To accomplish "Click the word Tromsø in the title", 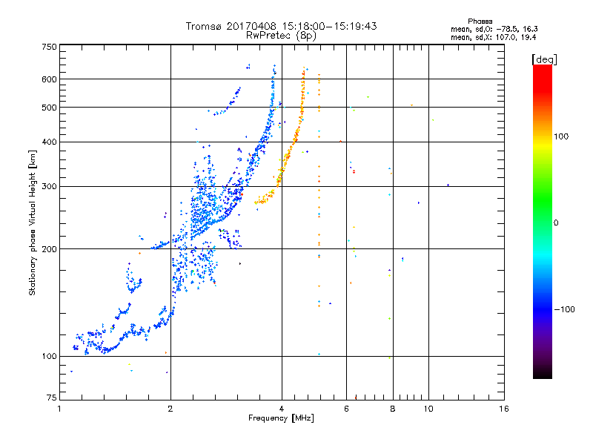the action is tap(204, 26).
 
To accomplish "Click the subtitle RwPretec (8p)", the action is tap(281, 36).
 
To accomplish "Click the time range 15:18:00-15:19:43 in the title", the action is tap(329, 26).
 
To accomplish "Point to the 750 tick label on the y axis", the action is tap(49, 47).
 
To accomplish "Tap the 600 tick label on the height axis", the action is tap(49, 79).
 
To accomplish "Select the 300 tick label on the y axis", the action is tap(49, 186).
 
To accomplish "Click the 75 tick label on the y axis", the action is tap(52, 398).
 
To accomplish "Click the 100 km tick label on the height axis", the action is tap(49, 356).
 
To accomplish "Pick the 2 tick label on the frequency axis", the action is tap(170, 409).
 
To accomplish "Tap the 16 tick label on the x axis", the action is tap(504, 409).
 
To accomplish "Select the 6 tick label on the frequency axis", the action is tap(346, 409).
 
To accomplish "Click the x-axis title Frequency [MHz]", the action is tap(281, 418).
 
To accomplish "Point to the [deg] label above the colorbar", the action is tap(544, 59).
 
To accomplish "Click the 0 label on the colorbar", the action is tap(556, 223).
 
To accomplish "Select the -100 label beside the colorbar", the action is tap(565, 309).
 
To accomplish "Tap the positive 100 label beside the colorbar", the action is tap(561, 136).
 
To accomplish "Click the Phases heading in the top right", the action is tap(480, 22).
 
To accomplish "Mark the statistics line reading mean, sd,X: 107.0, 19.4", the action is tap(494, 37).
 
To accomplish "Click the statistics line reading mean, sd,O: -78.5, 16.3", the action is tap(494, 29).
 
